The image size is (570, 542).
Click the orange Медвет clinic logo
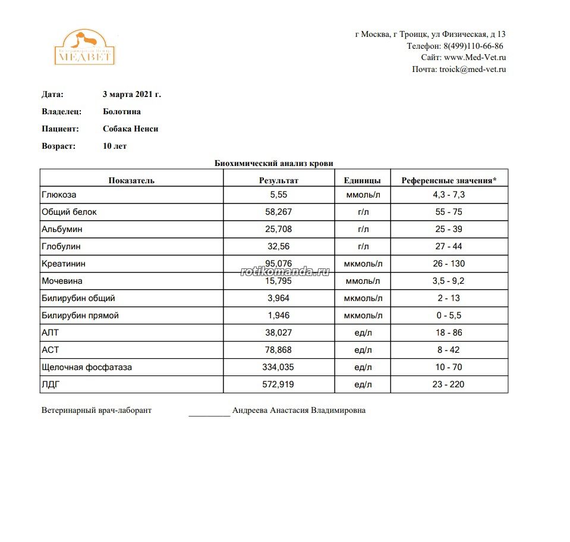pyautogui.click(x=84, y=47)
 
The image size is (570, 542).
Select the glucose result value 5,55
pyautogui.click(x=278, y=195)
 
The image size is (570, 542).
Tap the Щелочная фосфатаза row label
pyautogui.click(x=87, y=367)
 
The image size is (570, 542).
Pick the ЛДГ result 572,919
pyautogui.click(x=278, y=384)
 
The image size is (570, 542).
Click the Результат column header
pyautogui.click(x=278, y=180)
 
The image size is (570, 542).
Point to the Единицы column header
pyautogui.click(x=363, y=180)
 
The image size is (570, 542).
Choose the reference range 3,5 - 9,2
pyautogui.click(x=448, y=281)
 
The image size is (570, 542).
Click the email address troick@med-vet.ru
pyautogui.click(x=473, y=70)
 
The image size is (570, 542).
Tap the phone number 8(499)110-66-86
pyautogui.click(x=473, y=46)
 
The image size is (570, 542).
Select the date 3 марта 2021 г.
pyautogui.click(x=132, y=94)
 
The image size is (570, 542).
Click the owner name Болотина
pyautogui.click(x=122, y=111)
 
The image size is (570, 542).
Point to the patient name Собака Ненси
pyautogui.click(x=130, y=129)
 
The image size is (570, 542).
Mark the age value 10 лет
pyautogui.click(x=115, y=146)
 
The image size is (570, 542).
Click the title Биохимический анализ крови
pyautogui.click(x=273, y=163)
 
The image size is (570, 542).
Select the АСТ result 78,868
pyautogui.click(x=278, y=350)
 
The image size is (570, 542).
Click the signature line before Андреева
pyautogui.click(x=209, y=412)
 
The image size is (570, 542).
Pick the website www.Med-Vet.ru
pyautogui.click(x=475, y=58)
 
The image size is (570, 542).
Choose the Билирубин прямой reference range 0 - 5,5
pyautogui.click(x=448, y=315)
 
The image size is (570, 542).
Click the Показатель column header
pyautogui.click(x=131, y=180)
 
